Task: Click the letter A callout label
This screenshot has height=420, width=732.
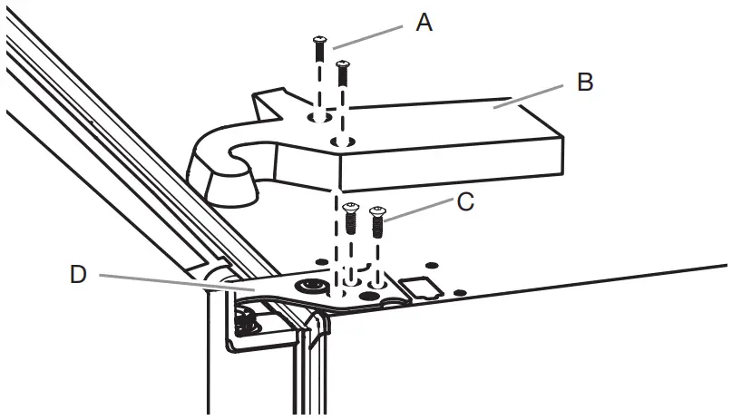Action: click(424, 23)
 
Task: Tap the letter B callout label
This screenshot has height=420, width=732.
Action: click(585, 83)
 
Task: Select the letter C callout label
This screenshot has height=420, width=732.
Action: click(465, 201)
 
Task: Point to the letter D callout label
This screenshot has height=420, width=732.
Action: click(78, 274)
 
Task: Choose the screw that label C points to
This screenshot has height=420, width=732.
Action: click(377, 222)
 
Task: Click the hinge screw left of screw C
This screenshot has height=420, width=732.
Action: click(353, 219)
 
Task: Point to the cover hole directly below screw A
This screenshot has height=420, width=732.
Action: click(318, 119)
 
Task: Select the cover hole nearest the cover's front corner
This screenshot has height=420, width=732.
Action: click(343, 142)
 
